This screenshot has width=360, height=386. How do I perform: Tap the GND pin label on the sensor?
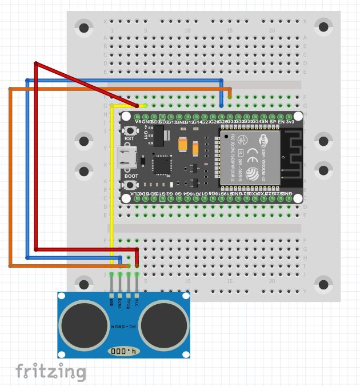[111, 301]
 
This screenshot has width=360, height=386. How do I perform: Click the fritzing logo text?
[50, 372]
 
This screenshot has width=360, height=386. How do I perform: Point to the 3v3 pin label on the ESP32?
[290, 122]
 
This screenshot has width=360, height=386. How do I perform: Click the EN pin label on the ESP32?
[281, 122]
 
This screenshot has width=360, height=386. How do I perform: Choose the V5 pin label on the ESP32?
[138, 122]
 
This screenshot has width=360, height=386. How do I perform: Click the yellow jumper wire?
[111, 183]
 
